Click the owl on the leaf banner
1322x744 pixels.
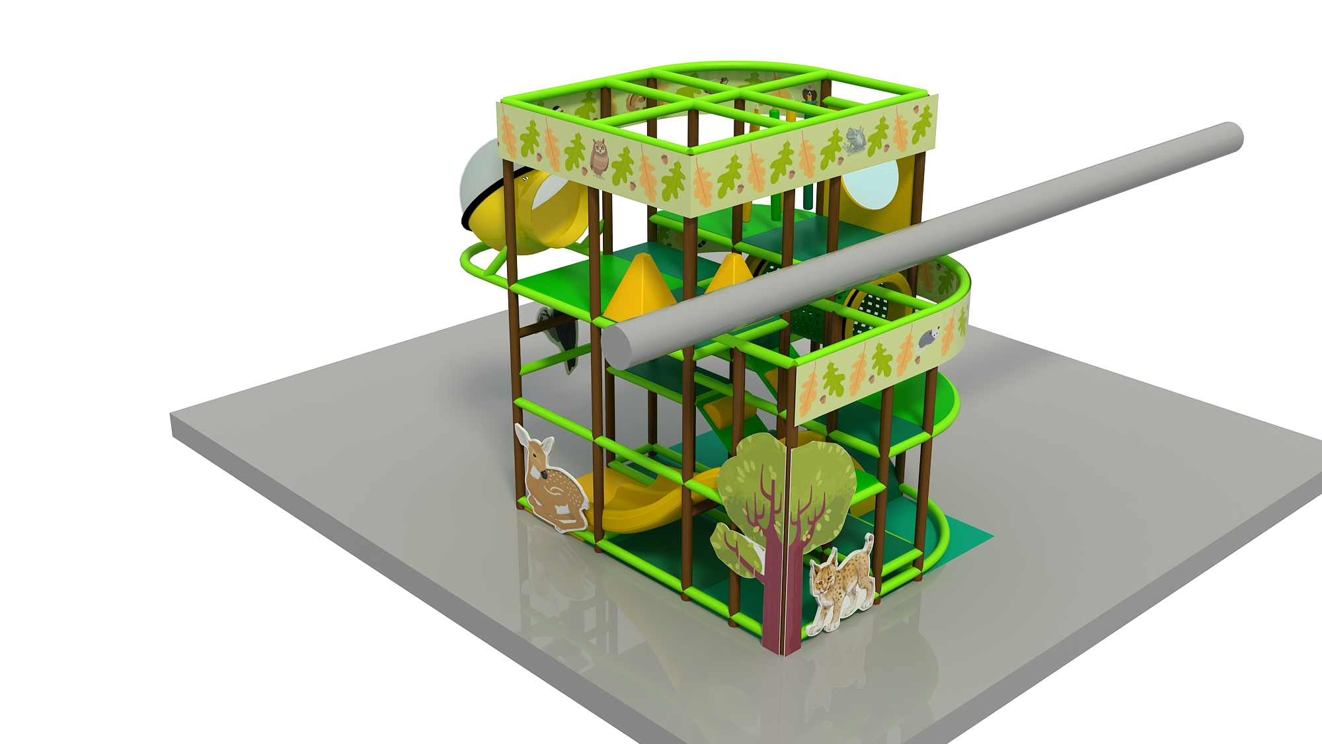598,157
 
